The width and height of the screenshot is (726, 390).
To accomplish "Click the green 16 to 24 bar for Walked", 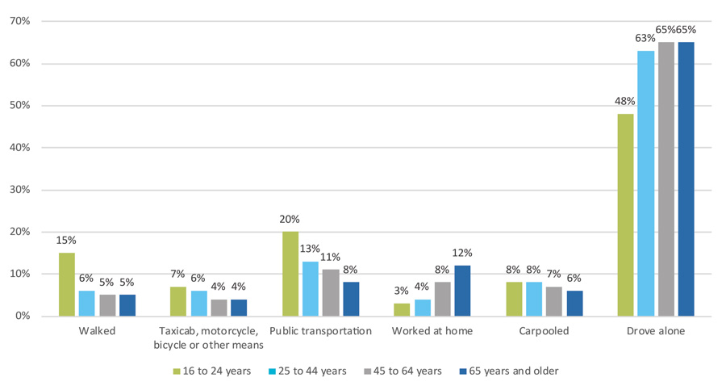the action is (67, 284).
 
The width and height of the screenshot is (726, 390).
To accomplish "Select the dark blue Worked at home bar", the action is (462, 291).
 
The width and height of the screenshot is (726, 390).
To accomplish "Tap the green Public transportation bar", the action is (290, 274).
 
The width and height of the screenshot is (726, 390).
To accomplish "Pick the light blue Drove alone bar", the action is (646, 183).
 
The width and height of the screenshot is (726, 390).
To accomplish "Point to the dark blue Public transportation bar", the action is (351, 299).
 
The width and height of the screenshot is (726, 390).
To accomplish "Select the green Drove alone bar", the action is (625, 215).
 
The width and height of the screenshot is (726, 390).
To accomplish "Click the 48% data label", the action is (625, 102).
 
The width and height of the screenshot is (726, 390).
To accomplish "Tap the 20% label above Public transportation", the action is (290, 220).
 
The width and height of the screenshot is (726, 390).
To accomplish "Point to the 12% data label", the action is (462, 254).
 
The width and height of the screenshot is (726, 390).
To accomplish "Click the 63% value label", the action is (645, 39).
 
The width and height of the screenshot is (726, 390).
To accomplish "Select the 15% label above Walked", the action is (66, 240).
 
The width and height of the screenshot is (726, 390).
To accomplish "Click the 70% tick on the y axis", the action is (20, 21).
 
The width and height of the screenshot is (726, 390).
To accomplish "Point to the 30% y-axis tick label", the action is (20, 190).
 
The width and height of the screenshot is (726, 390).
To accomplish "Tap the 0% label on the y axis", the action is (23, 316).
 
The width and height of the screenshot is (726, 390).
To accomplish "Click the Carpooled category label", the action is (544, 331).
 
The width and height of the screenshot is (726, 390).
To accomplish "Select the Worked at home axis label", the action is (432, 331).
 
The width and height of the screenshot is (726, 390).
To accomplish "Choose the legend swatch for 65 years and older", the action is (462, 371).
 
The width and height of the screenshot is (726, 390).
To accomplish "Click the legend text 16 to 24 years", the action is (217, 371).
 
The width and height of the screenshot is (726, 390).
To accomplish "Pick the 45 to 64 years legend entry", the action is (403, 371).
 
